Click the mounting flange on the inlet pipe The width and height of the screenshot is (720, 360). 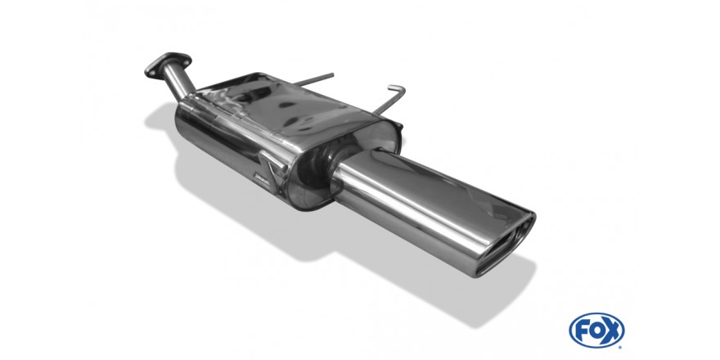point(168,65)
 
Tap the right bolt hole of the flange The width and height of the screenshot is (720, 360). point(186,58)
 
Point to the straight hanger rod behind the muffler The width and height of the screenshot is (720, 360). point(313,79)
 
